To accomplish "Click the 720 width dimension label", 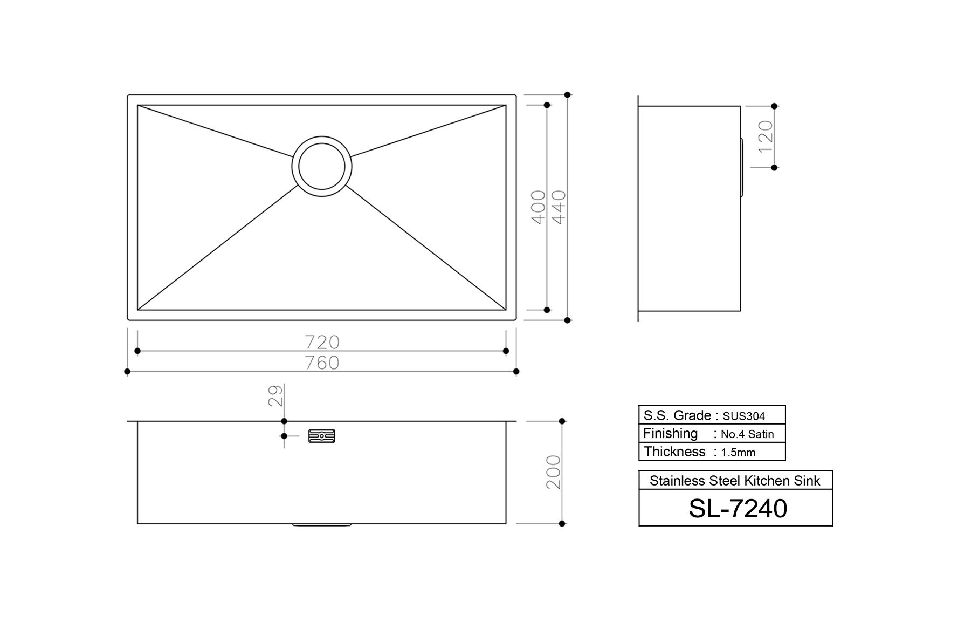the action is [x=322, y=342].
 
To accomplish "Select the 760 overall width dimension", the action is [x=322, y=363].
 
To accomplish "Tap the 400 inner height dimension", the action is [x=539, y=207].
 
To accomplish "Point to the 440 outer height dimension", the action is [x=559, y=207].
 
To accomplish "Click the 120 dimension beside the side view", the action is [x=766, y=136].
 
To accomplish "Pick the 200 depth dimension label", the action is [x=554, y=472].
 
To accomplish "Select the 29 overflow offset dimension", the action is [x=275, y=395].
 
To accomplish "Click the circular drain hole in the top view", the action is [x=322, y=166].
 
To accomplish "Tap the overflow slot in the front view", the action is [x=322, y=436].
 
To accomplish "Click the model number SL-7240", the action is [x=738, y=508].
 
